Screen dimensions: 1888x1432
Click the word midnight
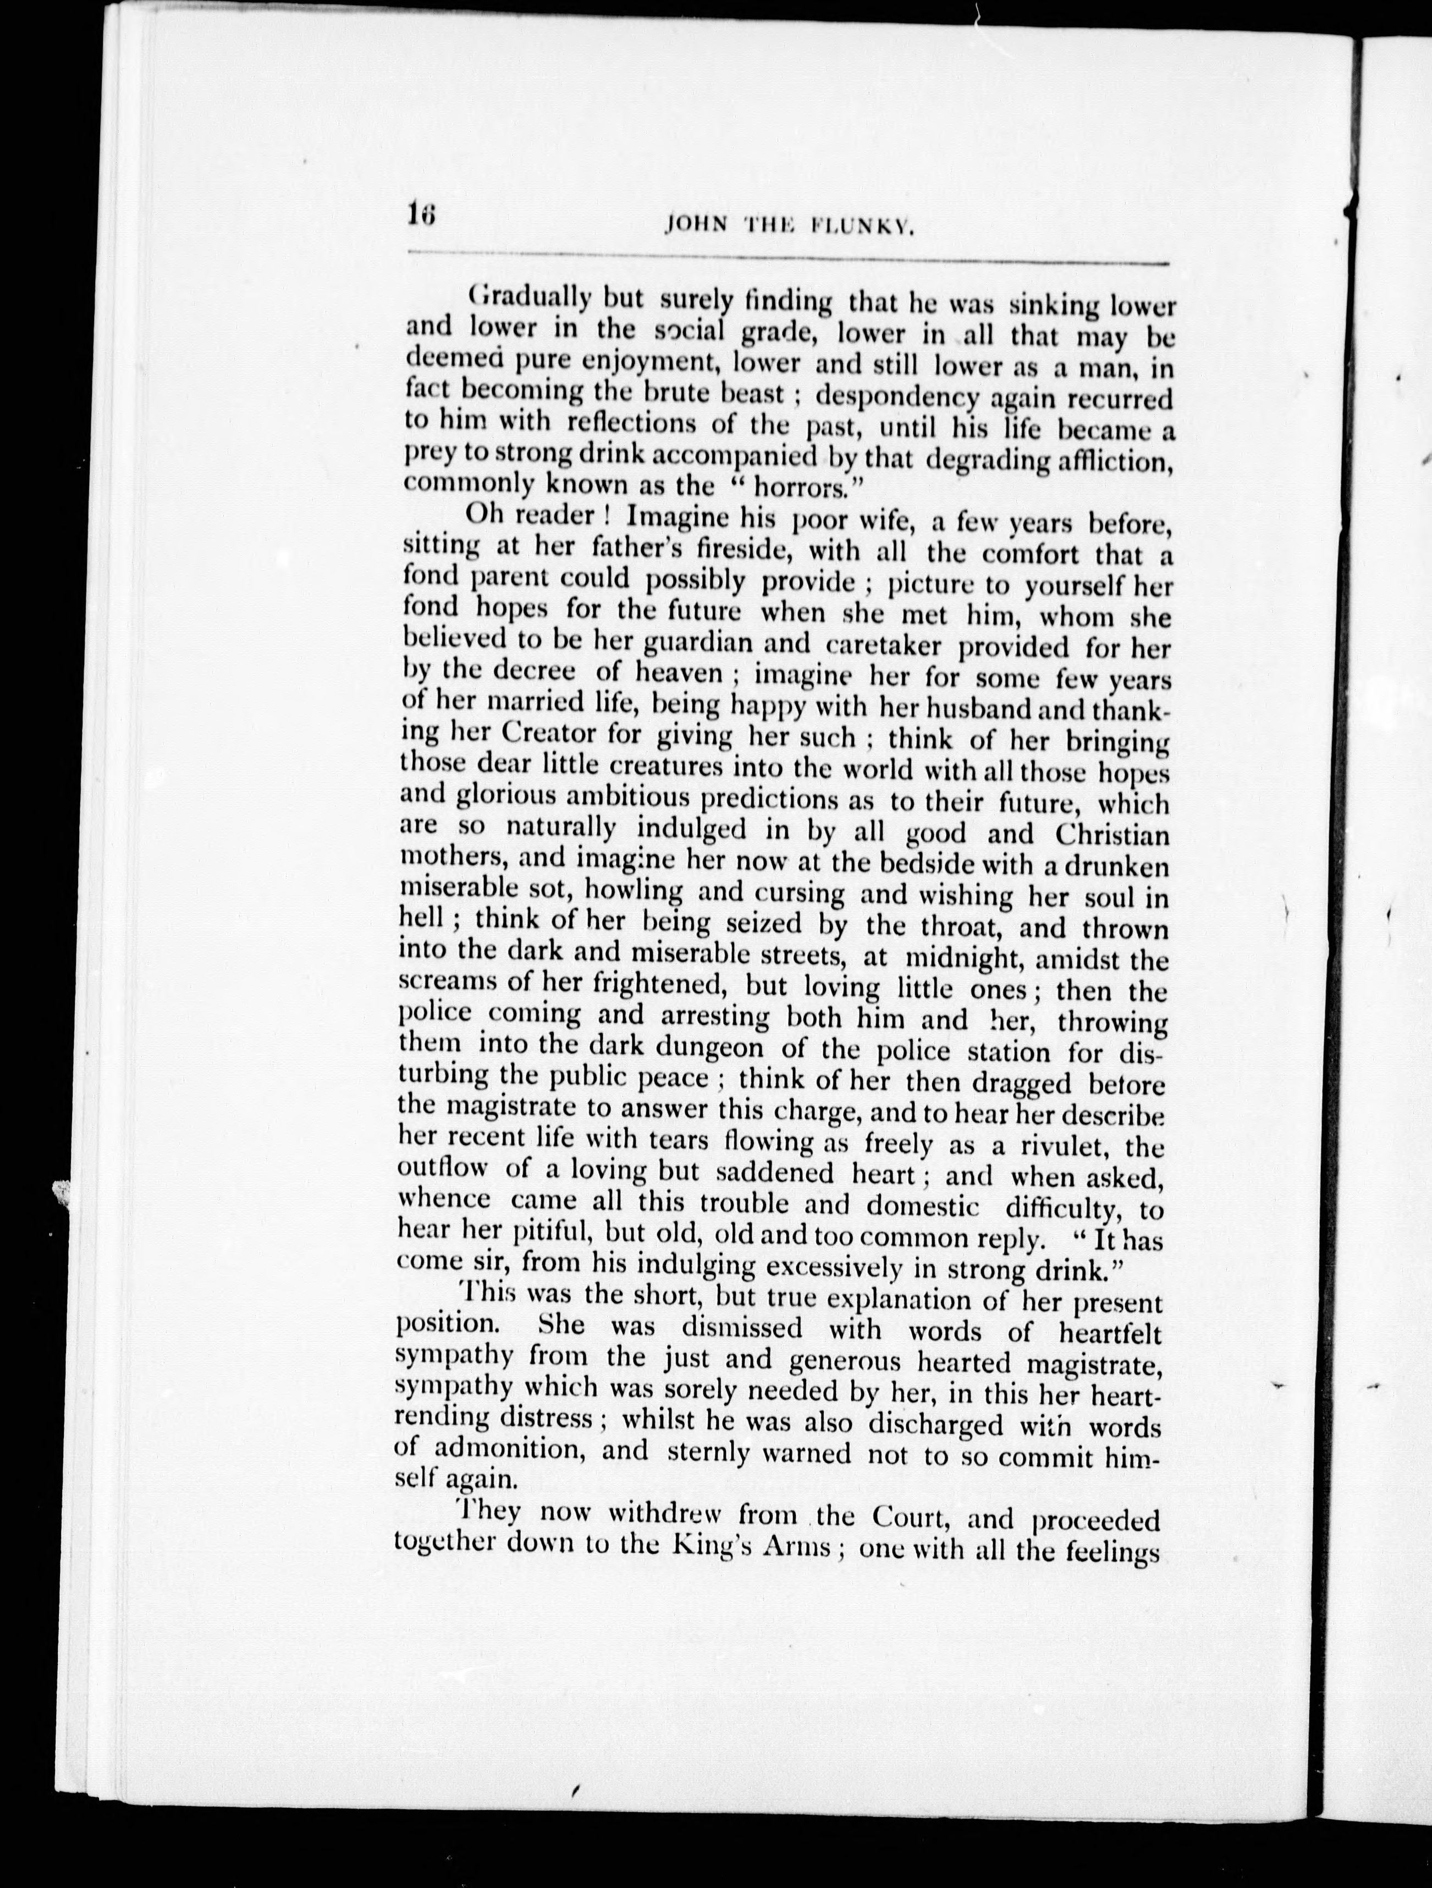965,957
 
